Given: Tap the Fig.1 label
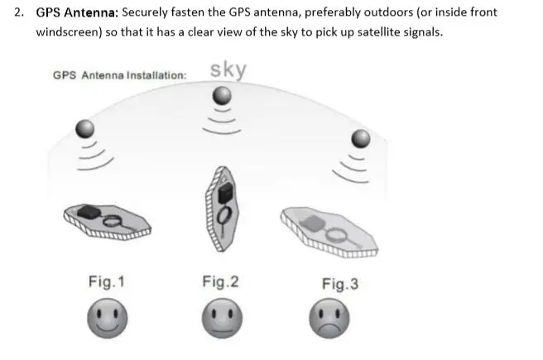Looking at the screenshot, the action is pyautogui.click(x=107, y=282).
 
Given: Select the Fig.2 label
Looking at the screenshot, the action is pyautogui.click(x=220, y=282).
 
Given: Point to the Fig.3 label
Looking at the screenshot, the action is pyautogui.click(x=339, y=284).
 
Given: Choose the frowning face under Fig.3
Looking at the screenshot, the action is pyautogui.click(x=329, y=318).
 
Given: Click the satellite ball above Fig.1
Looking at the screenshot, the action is pyautogui.click(x=85, y=128).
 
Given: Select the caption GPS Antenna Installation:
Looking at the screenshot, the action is pyautogui.click(x=119, y=74).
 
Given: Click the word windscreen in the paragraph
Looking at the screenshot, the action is pyautogui.click(x=71, y=31).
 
